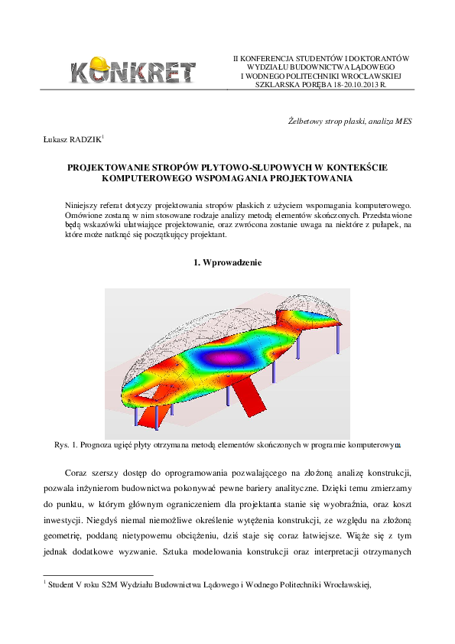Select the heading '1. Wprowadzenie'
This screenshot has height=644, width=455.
coord(227,263)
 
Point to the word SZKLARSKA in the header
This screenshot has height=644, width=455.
coord(276,85)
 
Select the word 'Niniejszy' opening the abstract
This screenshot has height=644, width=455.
coord(83,205)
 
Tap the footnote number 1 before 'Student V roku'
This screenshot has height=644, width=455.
coord(45,583)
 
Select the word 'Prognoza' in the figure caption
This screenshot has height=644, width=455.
coord(102,444)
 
